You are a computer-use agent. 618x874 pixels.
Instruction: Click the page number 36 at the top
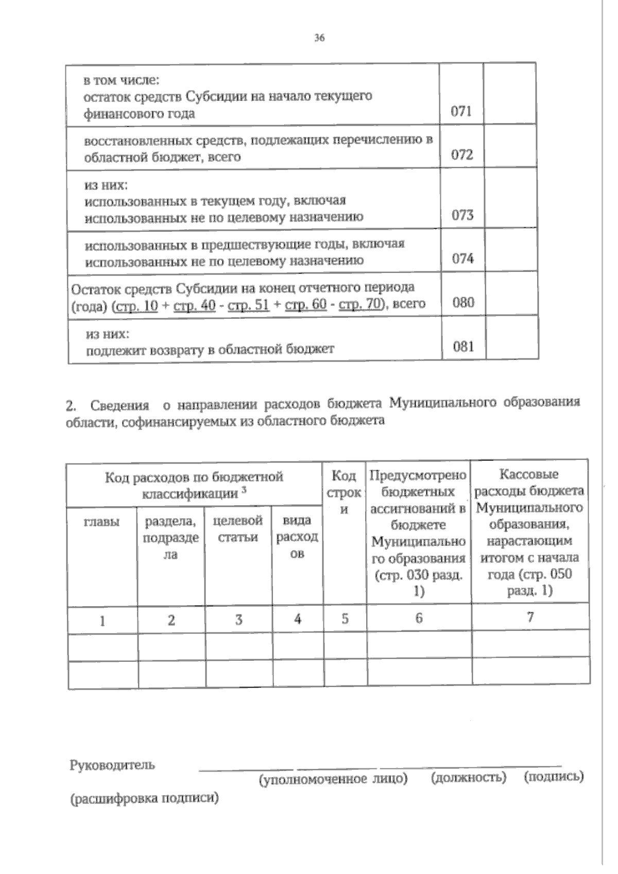(319, 38)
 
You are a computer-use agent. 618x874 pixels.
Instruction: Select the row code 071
(461, 111)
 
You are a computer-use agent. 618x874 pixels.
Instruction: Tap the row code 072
(461, 155)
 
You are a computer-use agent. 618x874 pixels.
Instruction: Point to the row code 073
(462, 215)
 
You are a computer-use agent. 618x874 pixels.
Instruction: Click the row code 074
(462, 259)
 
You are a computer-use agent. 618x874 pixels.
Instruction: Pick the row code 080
(463, 302)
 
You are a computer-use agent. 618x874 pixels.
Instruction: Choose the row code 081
(463, 347)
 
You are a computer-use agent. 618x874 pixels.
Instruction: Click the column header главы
(101, 522)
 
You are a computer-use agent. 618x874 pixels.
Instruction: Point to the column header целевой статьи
(238, 529)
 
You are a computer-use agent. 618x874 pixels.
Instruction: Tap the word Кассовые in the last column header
(529, 474)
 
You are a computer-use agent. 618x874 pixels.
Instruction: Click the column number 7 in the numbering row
(530, 616)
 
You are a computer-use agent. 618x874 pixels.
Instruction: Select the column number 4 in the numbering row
(298, 619)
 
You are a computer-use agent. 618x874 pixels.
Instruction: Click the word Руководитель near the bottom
(112, 765)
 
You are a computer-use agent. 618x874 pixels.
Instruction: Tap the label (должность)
(468, 777)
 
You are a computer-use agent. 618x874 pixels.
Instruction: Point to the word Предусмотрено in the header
(418, 475)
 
